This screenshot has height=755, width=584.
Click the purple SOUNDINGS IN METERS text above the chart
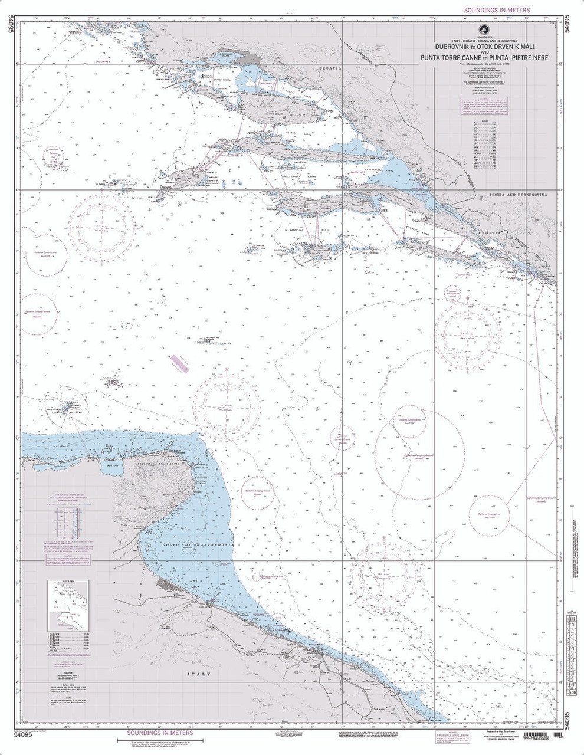(x=497, y=10)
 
